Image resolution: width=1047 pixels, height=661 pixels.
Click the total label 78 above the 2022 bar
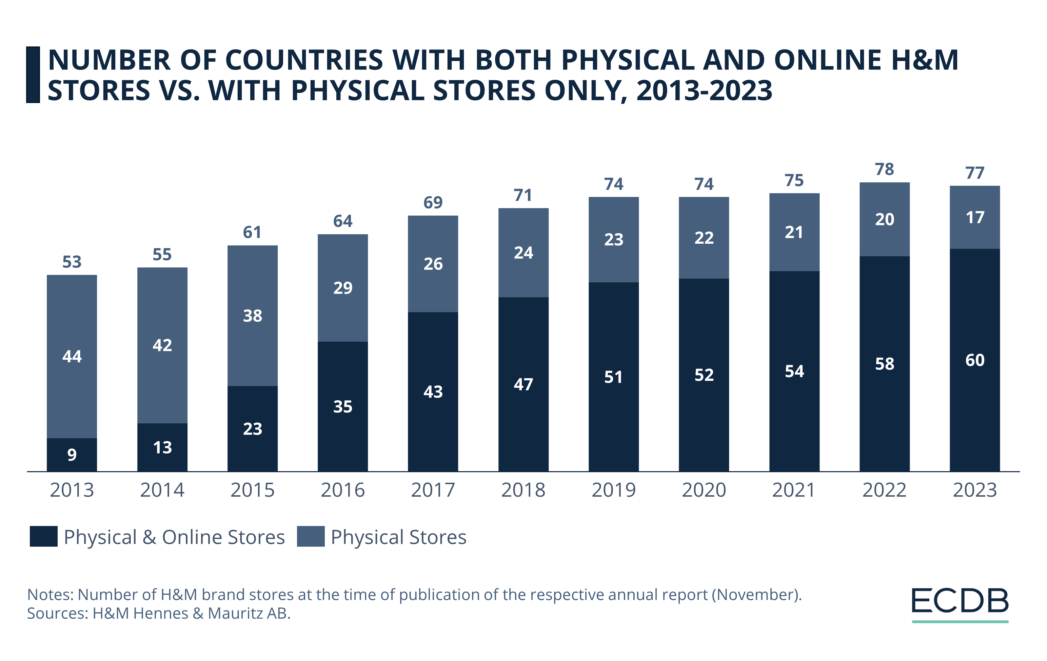coord(884,169)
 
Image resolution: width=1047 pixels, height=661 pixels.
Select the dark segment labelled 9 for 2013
coord(72,454)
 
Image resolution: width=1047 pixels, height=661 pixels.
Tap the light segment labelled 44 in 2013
coord(72,356)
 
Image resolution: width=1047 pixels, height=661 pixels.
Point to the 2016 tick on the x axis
coord(343,490)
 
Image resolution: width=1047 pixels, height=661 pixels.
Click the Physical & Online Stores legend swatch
coord(43,536)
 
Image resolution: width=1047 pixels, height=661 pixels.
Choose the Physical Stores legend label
coord(398,537)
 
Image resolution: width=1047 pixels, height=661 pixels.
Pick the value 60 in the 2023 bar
coord(974,360)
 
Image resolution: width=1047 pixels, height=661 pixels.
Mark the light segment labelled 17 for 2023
coord(974,217)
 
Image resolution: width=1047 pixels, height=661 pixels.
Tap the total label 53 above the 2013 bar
coord(72,262)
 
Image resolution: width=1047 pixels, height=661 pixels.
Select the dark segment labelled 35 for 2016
coord(343,406)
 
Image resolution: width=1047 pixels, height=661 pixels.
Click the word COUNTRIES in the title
coord(304,60)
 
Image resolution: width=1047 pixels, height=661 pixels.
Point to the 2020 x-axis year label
coord(704,490)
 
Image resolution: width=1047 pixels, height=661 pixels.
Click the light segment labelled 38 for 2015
coord(252,316)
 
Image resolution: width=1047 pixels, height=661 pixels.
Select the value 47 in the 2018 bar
coord(523,384)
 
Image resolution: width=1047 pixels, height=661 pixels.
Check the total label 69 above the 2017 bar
coord(433,202)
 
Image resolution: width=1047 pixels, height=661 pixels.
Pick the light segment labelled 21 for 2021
coord(794,232)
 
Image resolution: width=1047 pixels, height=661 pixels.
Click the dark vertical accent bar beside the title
coord(33,75)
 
